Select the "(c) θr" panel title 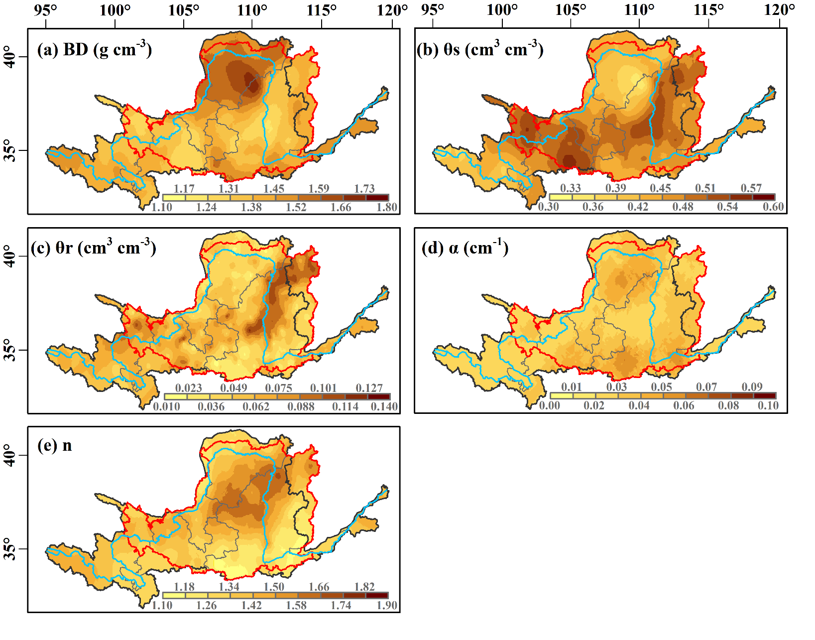94,247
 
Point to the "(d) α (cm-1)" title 465,247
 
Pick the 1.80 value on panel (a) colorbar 387,207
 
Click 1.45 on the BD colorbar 274,188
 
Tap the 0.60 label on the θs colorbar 773,207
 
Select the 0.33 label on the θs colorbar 571,188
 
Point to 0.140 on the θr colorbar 384,406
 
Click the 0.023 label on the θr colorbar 189,387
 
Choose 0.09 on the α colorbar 752,386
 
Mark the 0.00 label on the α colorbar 550,405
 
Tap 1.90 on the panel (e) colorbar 387,605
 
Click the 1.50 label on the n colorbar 274,586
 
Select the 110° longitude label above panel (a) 252,10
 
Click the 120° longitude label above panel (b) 779,10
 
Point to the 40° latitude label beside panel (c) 10,256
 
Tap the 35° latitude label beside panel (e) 10,549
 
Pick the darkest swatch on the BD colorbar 377,198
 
